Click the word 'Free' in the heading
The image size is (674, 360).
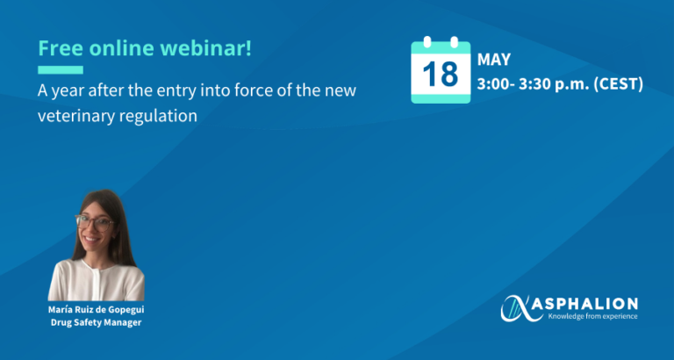click(x=58, y=48)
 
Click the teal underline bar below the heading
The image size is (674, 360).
click(x=61, y=70)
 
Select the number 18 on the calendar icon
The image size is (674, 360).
click(x=441, y=76)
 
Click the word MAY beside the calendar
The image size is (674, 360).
click(x=493, y=61)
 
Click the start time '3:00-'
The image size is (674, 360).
click(x=497, y=85)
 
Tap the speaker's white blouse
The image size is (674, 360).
click(x=97, y=281)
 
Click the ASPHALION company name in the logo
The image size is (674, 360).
click(x=590, y=301)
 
